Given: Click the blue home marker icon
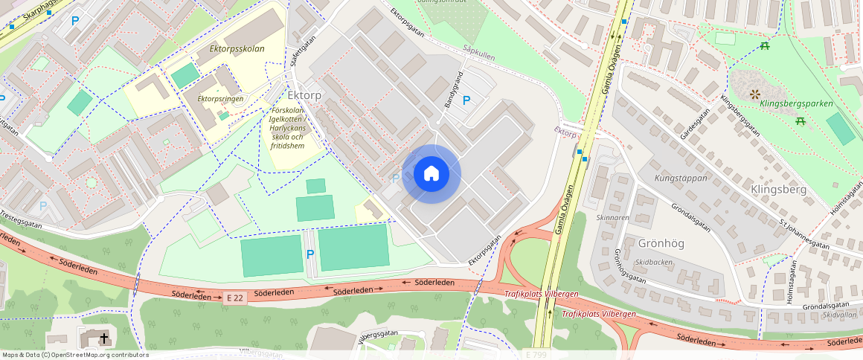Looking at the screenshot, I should click(x=431, y=174).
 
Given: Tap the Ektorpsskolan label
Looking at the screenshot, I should click(x=237, y=49).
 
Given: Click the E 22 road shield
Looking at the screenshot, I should click(x=235, y=298).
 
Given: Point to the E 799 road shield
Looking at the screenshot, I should click(x=536, y=355).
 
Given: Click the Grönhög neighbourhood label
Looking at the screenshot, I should click(x=661, y=243).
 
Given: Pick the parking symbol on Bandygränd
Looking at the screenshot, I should click(x=466, y=100).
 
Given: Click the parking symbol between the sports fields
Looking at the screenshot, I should click(x=310, y=254).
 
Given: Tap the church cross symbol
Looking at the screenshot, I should click(x=104, y=338).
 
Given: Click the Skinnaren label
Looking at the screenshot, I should click(x=613, y=218).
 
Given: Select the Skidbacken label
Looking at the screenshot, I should click(x=655, y=263).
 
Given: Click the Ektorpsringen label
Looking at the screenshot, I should click(x=221, y=98).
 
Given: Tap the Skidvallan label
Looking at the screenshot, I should click(x=840, y=315).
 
